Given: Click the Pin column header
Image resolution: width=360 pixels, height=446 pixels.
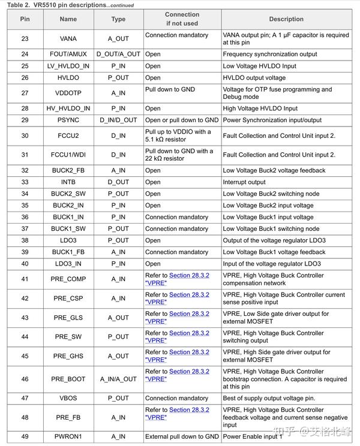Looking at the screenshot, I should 25,19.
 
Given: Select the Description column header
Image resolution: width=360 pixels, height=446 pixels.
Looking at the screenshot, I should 286,19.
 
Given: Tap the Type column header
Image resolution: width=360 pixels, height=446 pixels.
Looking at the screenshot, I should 118,19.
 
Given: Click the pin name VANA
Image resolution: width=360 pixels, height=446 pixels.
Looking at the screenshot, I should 68,39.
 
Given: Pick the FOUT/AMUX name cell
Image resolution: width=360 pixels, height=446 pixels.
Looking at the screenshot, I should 68,55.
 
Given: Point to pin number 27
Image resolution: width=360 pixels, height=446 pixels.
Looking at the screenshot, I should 25,94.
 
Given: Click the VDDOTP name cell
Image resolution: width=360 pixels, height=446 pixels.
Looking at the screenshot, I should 68,94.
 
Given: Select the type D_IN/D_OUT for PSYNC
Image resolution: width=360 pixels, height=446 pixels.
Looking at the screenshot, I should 118,120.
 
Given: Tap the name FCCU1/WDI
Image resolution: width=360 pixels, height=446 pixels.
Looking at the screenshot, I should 68,155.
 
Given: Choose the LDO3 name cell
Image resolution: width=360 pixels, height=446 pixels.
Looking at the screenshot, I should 68,240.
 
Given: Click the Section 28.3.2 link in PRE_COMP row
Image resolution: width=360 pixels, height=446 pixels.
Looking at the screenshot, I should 189,276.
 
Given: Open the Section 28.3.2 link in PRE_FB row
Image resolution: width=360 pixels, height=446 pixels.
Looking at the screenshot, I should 189,410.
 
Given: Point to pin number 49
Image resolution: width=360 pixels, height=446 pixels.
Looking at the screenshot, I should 25,437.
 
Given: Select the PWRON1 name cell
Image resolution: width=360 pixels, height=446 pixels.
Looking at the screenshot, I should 68,437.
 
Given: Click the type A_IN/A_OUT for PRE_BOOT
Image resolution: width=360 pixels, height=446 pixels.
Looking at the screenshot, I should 118,379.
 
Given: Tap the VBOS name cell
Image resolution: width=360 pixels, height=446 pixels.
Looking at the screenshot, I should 68,399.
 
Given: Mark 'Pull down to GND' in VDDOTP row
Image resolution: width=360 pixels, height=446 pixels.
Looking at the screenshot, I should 170,89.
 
